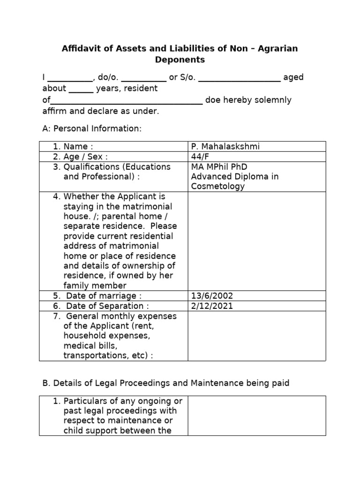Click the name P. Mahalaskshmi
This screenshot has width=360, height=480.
pyautogui.click(x=225, y=147)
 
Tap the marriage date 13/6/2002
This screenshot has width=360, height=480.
pyautogui.click(x=212, y=296)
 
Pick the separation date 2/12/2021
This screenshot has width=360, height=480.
pyautogui.click(x=212, y=306)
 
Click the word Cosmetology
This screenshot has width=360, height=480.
pyautogui.click(x=217, y=187)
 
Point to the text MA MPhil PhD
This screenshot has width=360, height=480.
pyautogui.click(x=219, y=167)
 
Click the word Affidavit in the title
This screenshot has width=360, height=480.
pyautogui.click(x=81, y=49)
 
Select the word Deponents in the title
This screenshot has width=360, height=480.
pyautogui.click(x=180, y=60)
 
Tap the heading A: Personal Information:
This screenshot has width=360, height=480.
pyautogui.click(x=91, y=128)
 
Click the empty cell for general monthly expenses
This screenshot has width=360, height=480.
pyautogui.click(x=256, y=336)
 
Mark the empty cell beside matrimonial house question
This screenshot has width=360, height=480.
pyautogui.click(x=256, y=241)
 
